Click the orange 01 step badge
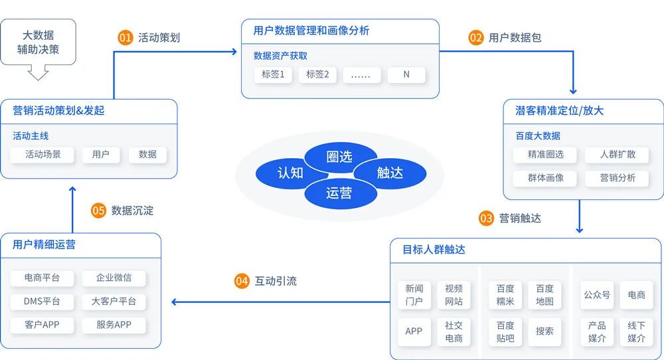point(125,38)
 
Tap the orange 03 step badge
point(487,218)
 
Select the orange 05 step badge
point(99,211)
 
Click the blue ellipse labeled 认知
point(290,173)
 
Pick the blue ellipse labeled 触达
point(390,173)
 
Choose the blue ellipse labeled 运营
point(339,193)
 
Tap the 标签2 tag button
point(317,74)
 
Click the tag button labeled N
point(406,74)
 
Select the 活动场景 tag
point(43,154)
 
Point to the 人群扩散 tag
point(618,154)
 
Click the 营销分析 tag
point(618,178)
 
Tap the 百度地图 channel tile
point(544,295)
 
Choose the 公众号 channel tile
point(596,295)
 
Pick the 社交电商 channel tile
point(454,331)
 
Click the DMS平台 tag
point(42,302)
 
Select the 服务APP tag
point(114,325)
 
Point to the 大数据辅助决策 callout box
point(38,42)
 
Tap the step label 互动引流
point(276,282)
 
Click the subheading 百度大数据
point(538,135)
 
